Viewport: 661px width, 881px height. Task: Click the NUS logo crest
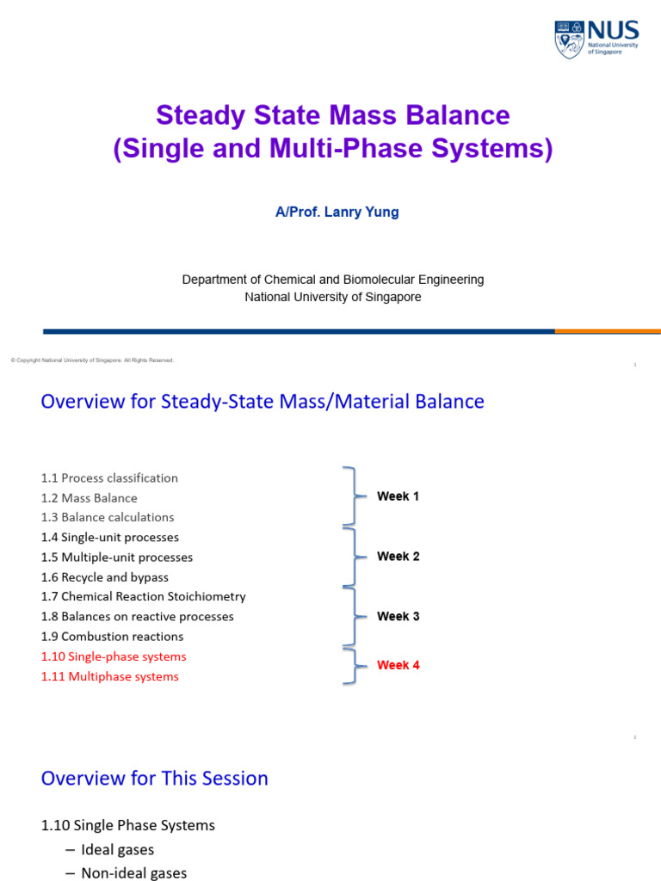(x=570, y=40)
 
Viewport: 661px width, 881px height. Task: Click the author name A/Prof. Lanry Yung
(x=337, y=212)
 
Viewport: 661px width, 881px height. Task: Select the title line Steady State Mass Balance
(x=332, y=115)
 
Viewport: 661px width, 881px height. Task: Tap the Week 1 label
(x=398, y=496)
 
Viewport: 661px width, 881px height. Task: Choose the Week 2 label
(x=398, y=556)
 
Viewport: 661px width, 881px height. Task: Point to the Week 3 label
(x=398, y=616)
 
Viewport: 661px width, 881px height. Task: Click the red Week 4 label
(x=398, y=665)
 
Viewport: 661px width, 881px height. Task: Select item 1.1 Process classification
(x=109, y=477)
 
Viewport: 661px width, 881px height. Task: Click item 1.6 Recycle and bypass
(x=105, y=576)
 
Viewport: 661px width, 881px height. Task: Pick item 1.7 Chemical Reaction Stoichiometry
(x=143, y=596)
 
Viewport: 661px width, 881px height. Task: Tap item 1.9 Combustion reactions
(x=112, y=637)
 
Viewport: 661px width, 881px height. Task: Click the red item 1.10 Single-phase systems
(x=114, y=656)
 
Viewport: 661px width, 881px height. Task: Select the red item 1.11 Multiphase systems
(x=110, y=676)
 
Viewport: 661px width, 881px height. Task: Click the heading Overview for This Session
(x=155, y=778)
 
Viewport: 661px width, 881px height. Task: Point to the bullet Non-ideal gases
(x=133, y=872)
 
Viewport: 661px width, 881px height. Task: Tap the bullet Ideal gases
(x=118, y=849)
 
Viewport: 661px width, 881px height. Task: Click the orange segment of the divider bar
(x=608, y=331)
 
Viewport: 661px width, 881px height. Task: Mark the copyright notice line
(x=92, y=360)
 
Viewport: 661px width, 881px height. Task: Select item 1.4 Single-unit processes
(x=110, y=537)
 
